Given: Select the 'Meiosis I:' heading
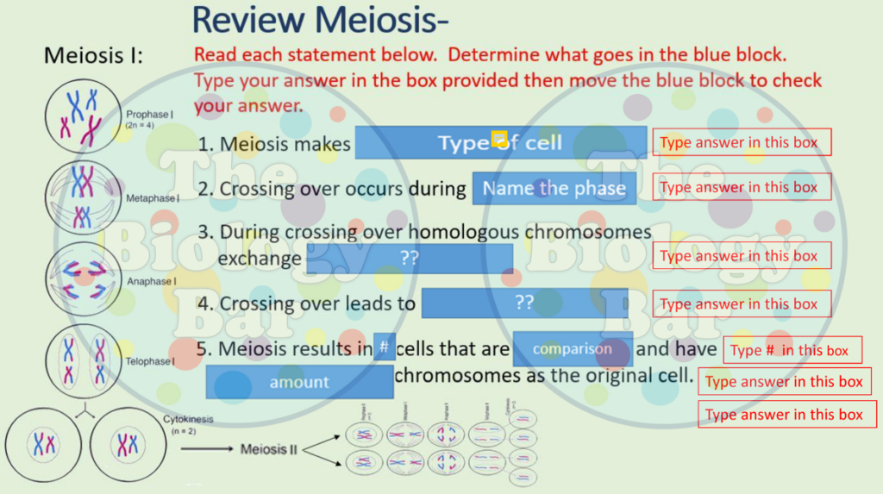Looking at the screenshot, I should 93,57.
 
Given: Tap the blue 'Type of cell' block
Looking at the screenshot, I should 500,142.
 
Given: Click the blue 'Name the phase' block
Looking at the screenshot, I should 554,188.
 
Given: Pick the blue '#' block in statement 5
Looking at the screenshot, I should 385,348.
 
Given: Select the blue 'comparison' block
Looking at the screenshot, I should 573,349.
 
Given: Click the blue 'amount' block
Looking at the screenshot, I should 299,382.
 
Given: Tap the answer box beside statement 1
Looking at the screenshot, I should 742,142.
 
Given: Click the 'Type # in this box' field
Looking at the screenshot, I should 792,350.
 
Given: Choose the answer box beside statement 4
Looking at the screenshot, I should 742,303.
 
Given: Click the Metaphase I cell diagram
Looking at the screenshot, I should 83,197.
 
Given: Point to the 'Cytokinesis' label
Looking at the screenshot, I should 187,420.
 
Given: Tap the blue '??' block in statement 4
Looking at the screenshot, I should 524,303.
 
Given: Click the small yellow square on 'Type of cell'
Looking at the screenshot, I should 498,139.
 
